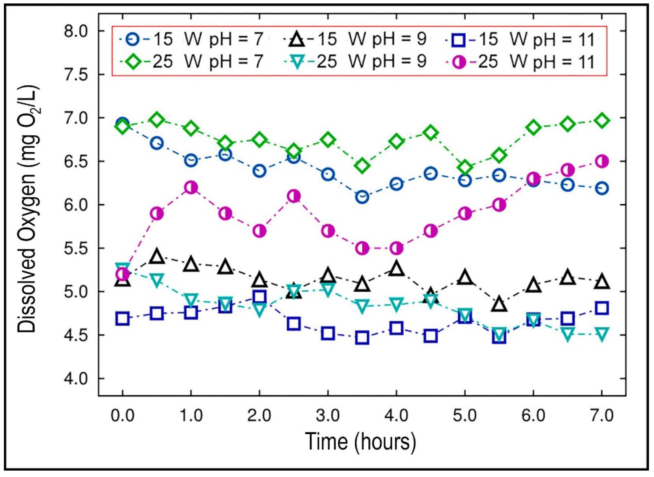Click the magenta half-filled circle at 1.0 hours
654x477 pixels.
pos(191,188)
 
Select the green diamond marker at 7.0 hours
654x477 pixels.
pos(602,121)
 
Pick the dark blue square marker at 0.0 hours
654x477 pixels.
pos(122,319)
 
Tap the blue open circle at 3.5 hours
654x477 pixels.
pos(362,197)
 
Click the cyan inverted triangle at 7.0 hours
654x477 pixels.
pos(602,334)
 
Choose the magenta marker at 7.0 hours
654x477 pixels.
pos(602,161)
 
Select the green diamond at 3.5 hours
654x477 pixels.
pos(362,166)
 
